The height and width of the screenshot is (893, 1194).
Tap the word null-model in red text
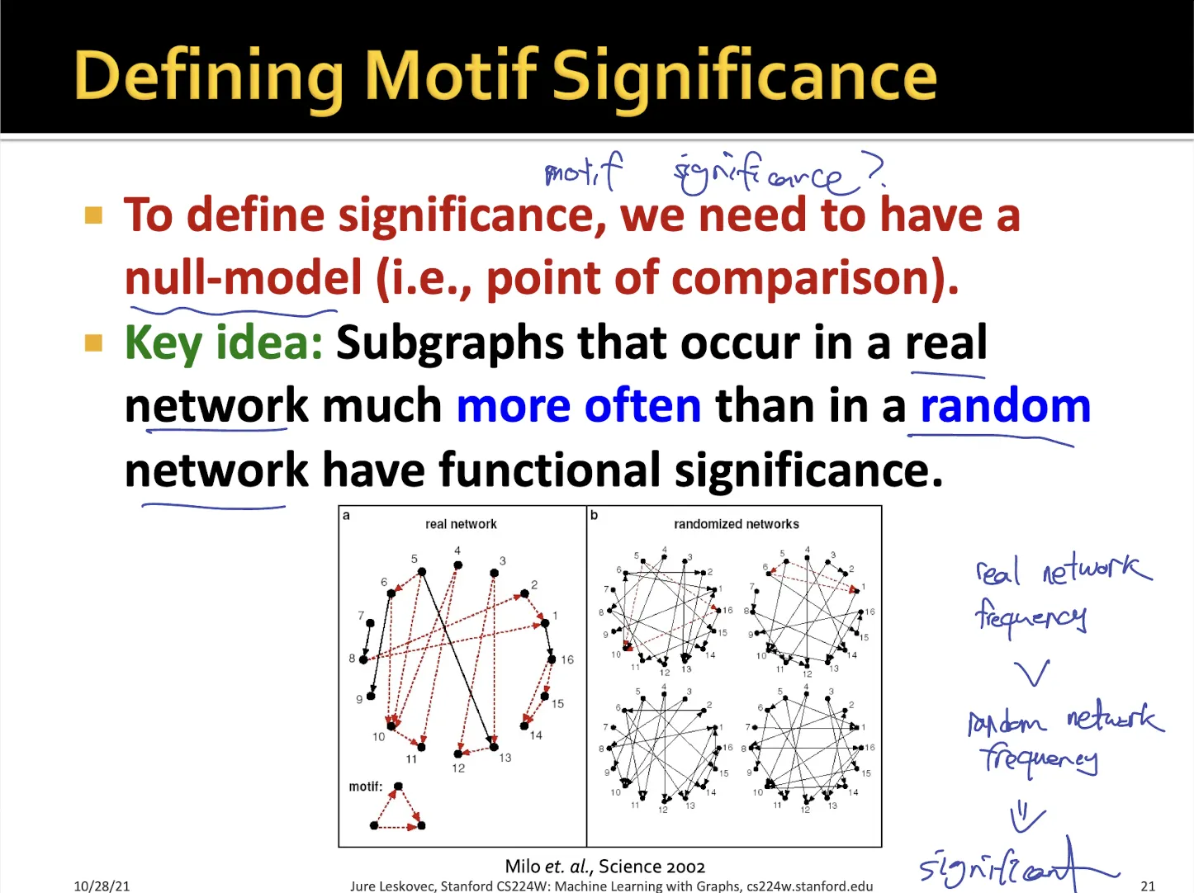243,277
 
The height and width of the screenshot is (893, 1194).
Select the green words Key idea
224,343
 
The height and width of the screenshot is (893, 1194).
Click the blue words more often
579,406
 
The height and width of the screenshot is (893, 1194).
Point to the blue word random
1005,406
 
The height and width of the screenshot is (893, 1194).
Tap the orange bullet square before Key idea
93,343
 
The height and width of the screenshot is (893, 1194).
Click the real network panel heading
461,524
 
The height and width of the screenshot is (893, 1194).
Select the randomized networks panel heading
736,524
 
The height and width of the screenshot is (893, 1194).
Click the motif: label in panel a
366,787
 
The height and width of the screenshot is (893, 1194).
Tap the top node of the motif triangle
398,786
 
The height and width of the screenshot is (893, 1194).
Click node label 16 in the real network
567,659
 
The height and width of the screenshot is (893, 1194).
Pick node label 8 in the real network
352,659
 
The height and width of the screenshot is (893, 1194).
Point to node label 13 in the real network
505,758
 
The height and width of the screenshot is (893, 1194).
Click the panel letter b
594,515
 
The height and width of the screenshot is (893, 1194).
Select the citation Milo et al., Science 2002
605,866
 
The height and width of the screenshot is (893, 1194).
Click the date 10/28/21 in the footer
102,886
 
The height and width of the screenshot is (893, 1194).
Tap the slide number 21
1148,886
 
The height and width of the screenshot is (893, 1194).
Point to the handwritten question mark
875,168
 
